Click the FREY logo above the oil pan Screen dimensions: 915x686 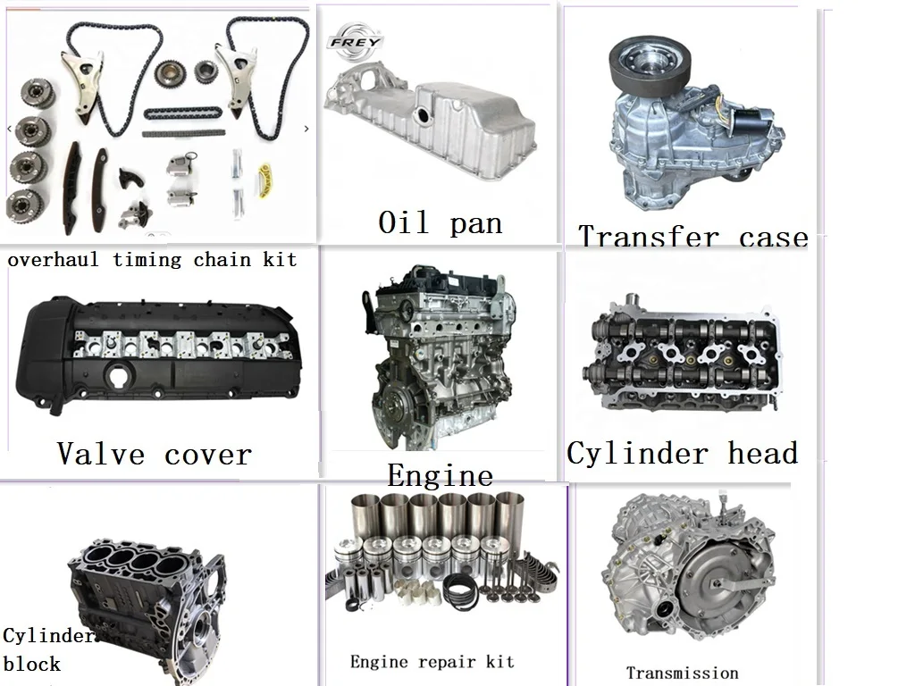pos(355,41)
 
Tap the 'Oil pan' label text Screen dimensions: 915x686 pos(440,222)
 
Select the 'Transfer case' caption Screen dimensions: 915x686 pos(693,237)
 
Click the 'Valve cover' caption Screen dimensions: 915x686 pos(155,454)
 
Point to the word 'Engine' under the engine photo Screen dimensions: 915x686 pos(440,475)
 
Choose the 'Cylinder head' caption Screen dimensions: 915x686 pos(682,453)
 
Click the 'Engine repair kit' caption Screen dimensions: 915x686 pos(432,662)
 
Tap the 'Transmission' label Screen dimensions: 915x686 pos(682,673)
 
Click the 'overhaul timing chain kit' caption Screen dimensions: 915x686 pos(152,259)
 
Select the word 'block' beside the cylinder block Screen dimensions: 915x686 pos(31,664)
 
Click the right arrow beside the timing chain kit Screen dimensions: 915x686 pos(306,129)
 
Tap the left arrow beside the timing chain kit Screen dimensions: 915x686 pos(9,129)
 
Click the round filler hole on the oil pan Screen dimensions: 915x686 pos(423,113)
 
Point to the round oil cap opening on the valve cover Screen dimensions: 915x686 pos(121,375)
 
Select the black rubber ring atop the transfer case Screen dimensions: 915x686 pos(650,64)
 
